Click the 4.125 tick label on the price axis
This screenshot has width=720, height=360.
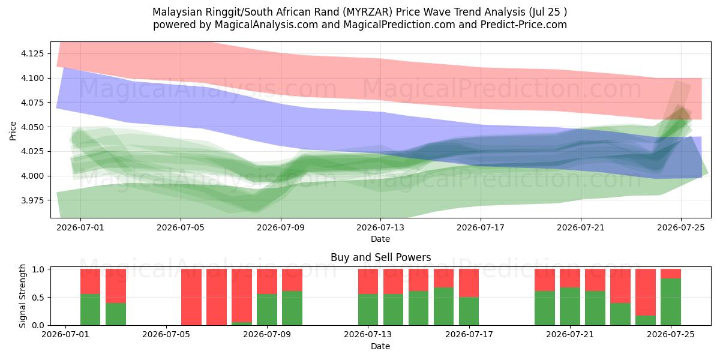[x=32, y=53]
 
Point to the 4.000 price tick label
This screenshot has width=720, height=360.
[x=32, y=176]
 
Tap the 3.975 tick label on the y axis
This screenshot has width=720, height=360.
[x=32, y=200]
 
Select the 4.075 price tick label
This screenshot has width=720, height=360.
[x=32, y=103]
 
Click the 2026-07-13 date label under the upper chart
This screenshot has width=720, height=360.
[x=380, y=227]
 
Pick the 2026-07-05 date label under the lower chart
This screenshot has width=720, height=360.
[x=166, y=334]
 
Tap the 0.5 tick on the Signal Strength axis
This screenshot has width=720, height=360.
[x=38, y=298]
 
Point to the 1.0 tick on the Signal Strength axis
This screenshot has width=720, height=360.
[x=38, y=269]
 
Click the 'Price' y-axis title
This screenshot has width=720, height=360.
[x=13, y=131]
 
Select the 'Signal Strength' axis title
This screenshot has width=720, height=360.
[x=22, y=296]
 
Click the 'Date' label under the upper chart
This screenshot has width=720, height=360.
[x=380, y=239]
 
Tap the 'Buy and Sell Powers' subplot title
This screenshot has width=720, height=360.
[x=380, y=257]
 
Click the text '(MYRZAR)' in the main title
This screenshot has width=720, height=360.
[x=367, y=12]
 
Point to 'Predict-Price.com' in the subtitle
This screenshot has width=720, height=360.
[x=524, y=25]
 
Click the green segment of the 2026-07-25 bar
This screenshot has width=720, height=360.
[x=671, y=302]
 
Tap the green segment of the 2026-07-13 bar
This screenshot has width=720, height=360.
[x=368, y=310]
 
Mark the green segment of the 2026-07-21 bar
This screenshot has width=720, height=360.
[x=570, y=307]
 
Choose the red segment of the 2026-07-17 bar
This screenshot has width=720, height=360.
[x=469, y=283]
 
